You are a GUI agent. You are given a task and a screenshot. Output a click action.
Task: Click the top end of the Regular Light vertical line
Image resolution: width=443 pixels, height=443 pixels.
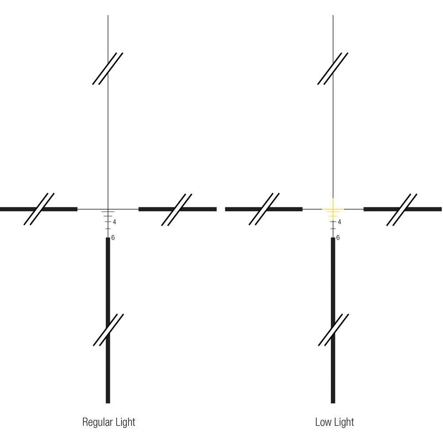[x=108, y=16]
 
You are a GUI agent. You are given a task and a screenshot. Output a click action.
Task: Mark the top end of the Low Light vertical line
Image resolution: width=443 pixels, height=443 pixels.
[x=333, y=16]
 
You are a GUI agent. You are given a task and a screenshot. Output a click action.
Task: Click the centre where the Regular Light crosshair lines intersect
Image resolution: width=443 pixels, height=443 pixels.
[x=108, y=210]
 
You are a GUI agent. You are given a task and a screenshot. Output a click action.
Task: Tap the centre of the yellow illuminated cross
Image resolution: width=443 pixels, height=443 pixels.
[x=333, y=210]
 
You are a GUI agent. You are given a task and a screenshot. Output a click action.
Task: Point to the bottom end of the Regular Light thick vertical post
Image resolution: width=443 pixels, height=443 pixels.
[x=108, y=403]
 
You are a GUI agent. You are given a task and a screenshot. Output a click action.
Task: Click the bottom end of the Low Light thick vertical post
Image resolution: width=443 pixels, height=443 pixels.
[x=333, y=403]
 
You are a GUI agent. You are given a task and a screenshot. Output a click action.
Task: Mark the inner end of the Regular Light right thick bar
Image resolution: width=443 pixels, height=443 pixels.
[x=139, y=210]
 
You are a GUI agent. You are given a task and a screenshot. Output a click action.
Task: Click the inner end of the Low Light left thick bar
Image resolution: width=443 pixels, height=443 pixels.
[x=302, y=210]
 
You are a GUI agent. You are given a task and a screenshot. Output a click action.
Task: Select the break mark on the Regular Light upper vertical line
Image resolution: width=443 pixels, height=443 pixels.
[x=108, y=69]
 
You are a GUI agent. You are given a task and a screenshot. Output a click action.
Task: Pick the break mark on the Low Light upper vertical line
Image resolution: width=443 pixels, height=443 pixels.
[x=333, y=69]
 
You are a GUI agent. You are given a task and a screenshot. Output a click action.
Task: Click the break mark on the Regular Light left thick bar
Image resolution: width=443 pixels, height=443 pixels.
[x=39, y=209]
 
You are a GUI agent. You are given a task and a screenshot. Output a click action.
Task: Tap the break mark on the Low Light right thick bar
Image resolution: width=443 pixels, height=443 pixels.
[x=402, y=210]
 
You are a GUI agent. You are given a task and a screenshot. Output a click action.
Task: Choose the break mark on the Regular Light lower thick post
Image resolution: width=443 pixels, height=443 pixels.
[x=108, y=330]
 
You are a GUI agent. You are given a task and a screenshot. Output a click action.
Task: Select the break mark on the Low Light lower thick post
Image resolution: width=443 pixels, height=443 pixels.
[x=334, y=330]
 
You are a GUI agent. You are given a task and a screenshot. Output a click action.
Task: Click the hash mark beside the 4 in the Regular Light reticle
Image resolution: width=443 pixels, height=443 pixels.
[x=108, y=222]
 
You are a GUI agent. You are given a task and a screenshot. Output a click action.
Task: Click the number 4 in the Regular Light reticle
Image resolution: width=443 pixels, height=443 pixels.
[x=114, y=222]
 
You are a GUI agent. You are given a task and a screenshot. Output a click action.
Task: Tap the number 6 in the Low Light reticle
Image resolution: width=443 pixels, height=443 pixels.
[x=338, y=237]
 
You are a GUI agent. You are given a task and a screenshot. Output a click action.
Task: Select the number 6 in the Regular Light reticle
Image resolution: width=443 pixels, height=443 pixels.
[x=113, y=237]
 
